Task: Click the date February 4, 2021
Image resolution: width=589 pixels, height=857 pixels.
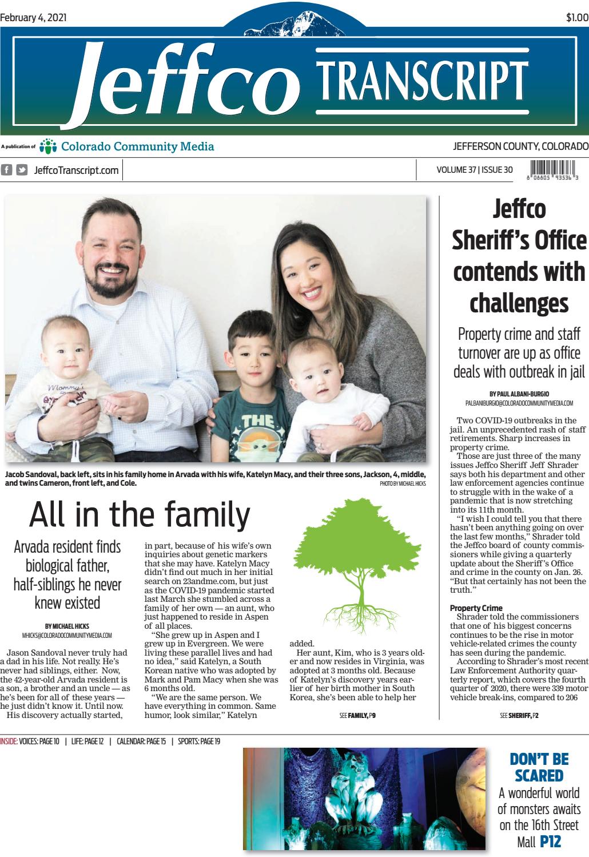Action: tap(34, 17)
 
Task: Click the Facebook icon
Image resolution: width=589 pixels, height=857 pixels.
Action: tap(7, 170)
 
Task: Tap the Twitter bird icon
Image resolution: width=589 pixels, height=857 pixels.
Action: tap(22, 170)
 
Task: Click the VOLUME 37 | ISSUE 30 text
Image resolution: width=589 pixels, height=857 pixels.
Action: tap(474, 170)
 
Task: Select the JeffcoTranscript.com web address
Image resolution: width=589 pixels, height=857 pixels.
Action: tap(77, 170)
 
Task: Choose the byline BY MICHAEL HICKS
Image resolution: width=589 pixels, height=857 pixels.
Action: tap(67, 626)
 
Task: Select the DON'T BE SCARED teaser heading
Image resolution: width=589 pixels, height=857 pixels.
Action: tap(539, 767)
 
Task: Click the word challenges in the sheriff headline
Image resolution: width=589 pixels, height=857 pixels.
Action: tap(519, 301)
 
